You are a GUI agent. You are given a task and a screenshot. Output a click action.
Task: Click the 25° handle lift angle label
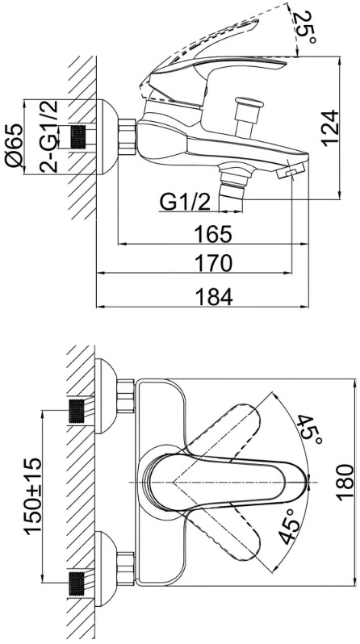306,28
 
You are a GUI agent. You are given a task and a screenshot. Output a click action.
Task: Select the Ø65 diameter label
14,145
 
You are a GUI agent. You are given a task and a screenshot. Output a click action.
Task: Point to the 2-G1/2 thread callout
49,136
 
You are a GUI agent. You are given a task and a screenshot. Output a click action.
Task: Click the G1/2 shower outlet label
185,203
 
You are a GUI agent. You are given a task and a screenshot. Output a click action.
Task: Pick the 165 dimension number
213,235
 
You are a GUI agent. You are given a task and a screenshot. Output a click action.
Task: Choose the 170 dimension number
213,263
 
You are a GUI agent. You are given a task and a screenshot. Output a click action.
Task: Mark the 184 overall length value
213,297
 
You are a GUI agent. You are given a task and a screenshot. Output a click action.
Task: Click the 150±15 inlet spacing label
33,496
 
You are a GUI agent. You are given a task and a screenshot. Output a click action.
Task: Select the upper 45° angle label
309,432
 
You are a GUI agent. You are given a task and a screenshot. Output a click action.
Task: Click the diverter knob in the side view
247,116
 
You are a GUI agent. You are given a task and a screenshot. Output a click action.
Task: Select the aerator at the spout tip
291,170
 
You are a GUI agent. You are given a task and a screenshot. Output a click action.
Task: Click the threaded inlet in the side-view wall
80,137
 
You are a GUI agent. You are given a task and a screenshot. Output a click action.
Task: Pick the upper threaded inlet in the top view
77,411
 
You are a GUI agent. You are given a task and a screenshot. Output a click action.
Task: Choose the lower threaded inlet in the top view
77,583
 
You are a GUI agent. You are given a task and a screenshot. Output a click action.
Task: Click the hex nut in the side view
127,137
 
